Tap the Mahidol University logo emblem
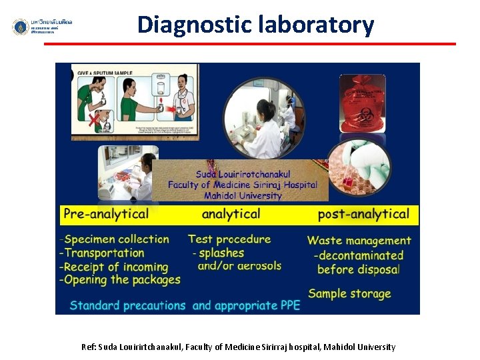click(21, 27)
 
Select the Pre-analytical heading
click(106, 214)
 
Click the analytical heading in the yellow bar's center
click(231, 214)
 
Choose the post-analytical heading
click(363, 214)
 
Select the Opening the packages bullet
click(120, 280)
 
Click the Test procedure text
click(229, 239)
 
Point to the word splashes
click(221, 253)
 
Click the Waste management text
click(359, 241)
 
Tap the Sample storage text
click(349, 293)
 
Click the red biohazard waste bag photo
click(362, 103)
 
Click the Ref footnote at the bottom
click(238, 347)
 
